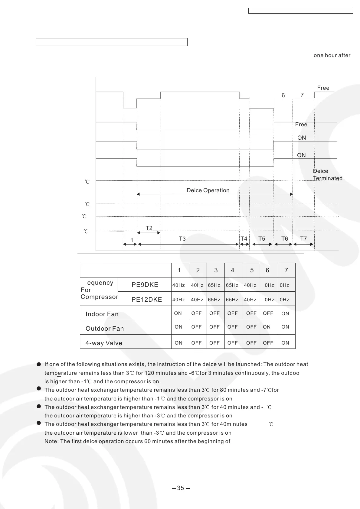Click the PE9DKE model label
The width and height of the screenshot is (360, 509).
click(145, 285)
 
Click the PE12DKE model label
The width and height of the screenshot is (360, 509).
click(146, 300)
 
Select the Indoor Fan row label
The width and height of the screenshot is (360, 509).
click(102, 314)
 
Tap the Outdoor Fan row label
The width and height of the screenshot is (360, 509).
click(105, 329)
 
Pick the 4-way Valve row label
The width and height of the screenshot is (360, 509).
click(104, 343)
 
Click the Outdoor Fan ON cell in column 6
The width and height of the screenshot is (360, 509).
click(267, 327)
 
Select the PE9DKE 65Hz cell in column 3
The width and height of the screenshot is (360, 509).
click(214, 285)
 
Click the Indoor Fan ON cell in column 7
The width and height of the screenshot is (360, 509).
click(285, 314)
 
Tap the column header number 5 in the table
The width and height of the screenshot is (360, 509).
click(252, 270)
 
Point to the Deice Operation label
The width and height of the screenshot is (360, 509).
click(208, 190)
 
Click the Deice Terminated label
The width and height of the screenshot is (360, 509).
click(327, 175)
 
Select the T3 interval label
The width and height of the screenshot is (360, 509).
click(182, 239)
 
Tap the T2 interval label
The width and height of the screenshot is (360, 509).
click(149, 228)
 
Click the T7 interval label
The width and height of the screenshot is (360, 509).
click(303, 239)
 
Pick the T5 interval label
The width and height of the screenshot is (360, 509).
click(261, 239)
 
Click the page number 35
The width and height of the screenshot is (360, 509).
click(180, 488)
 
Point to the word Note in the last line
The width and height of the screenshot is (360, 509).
click(51, 441)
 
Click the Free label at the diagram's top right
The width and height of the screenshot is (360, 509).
click(323, 88)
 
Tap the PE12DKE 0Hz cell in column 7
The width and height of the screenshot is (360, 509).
click(284, 300)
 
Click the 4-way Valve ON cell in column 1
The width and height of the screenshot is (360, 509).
click(178, 343)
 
